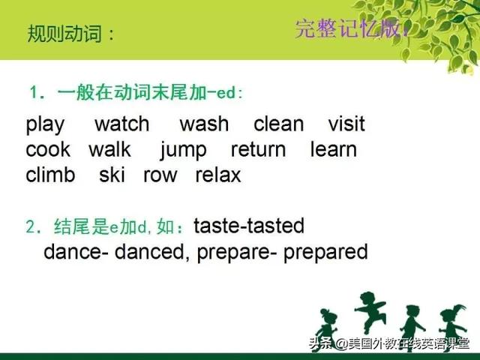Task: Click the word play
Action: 45,124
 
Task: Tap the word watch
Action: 122,124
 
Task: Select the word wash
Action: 204,124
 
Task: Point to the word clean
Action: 278,124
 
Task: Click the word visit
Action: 346,124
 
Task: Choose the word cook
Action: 48,149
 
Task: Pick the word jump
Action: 183,151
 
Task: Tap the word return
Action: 258,150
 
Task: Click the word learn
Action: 334,149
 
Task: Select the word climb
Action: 50,175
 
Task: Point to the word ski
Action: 112,175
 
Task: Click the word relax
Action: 218,175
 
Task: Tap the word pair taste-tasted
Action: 249,226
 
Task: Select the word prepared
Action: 325,253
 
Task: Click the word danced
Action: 150,252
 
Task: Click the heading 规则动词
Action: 64,34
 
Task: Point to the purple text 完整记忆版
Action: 348,28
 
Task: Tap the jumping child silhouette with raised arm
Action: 370,312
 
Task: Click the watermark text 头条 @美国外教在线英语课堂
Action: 389,343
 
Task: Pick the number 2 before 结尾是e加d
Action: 31,227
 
